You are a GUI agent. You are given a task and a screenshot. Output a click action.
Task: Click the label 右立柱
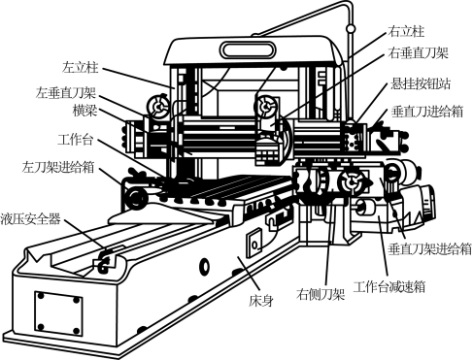tap(406, 32)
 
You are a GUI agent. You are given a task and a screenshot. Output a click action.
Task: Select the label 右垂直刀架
tap(418, 52)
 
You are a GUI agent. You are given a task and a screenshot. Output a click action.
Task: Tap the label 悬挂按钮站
tap(421, 83)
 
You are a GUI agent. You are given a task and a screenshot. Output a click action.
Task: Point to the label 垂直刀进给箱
tap(427, 112)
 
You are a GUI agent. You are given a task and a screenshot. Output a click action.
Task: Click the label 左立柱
tap(80, 68)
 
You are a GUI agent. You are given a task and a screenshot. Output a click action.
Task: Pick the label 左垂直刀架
tap(66, 92)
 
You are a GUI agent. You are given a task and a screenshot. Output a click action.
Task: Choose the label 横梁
tap(84, 111)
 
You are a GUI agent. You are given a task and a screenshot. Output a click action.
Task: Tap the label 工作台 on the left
tap(76, 140)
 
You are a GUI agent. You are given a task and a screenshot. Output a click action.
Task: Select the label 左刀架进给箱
tap(58, 168)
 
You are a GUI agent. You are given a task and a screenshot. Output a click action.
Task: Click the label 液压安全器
tap(30, 219)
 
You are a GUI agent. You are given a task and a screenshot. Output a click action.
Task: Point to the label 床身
tap(261, 301)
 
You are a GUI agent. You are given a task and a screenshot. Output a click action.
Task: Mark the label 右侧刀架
tap(321, 294)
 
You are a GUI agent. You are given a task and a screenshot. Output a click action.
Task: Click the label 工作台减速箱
tap(389, 287)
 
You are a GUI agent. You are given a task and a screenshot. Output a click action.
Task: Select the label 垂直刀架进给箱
tap(430, 249)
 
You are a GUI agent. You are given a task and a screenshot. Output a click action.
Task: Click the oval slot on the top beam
tap(248, 50)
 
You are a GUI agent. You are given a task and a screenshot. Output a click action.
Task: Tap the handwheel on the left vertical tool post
tap(157, 106)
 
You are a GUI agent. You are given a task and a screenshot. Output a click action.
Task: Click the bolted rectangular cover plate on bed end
tap(58, 313)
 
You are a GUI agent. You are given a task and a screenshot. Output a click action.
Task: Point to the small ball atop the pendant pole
tap(350, 29)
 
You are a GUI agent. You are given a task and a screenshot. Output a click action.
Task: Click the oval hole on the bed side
tap(205, 266)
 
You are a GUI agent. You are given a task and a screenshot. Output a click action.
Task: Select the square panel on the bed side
tap(254, 243)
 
